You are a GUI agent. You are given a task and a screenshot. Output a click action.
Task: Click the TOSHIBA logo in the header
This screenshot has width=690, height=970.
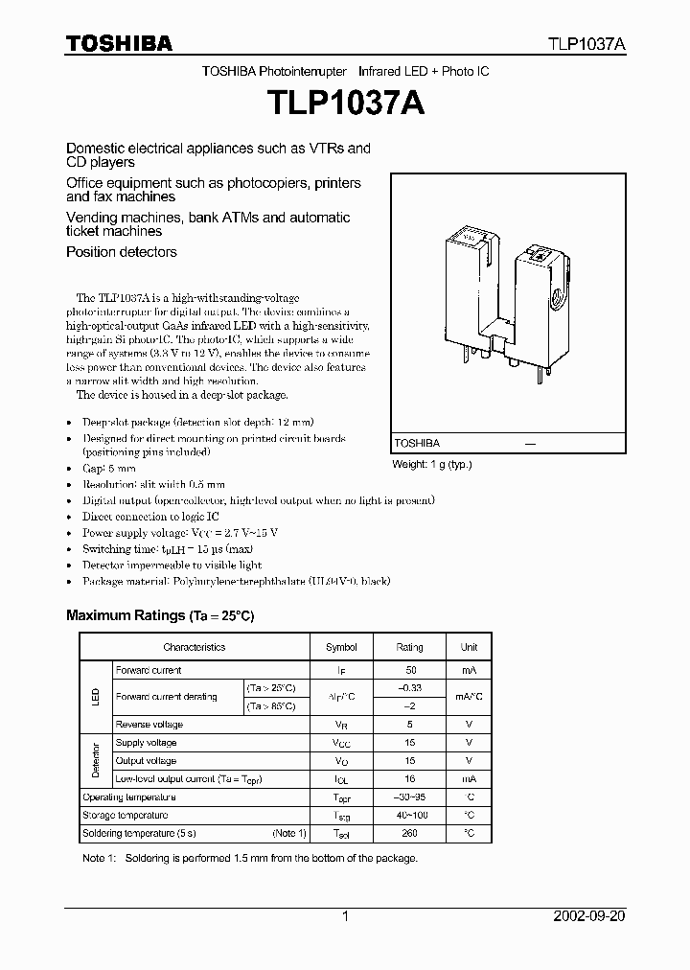click(119, 43)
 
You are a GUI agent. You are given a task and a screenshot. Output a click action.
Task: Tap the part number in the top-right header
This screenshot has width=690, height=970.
click(586, 44)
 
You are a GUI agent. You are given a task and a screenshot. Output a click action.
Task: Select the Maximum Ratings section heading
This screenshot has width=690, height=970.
click(159, 615)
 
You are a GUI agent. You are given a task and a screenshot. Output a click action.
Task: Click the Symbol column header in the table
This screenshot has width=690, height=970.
click(341, 647)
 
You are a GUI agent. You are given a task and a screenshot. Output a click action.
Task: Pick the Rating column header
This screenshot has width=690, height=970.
click(409, 647)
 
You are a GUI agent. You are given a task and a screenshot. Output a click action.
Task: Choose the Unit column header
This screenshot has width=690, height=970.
click(469, 647)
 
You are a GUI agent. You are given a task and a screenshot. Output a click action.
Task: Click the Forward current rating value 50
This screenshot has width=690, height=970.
click(409, 670)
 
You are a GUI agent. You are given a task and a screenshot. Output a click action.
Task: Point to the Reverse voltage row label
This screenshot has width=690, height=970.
click(149, 725)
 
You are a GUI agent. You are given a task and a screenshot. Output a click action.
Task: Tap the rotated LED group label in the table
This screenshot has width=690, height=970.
click(95, 697)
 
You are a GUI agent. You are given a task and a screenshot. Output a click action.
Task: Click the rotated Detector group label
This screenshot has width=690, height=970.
click(95, 761)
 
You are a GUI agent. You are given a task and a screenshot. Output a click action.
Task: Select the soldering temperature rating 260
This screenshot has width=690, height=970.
click(409, 833)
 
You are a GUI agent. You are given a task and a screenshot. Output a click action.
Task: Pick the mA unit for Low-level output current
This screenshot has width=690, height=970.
click(469, 779)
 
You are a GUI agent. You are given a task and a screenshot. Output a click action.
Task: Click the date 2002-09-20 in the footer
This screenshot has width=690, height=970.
click(588, 916)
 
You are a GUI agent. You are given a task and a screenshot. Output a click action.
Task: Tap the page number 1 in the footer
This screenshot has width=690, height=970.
click(345, 916)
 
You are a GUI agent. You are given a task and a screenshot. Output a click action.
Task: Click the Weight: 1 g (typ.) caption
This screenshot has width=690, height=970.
click(432, 464)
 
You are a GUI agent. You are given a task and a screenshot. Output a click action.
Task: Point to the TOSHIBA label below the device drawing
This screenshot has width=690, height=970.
click(417, 444)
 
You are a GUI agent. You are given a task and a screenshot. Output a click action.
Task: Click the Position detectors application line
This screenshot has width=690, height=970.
click(121, 252)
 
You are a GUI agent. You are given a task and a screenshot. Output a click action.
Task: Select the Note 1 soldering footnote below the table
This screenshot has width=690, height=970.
click(250, 858)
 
